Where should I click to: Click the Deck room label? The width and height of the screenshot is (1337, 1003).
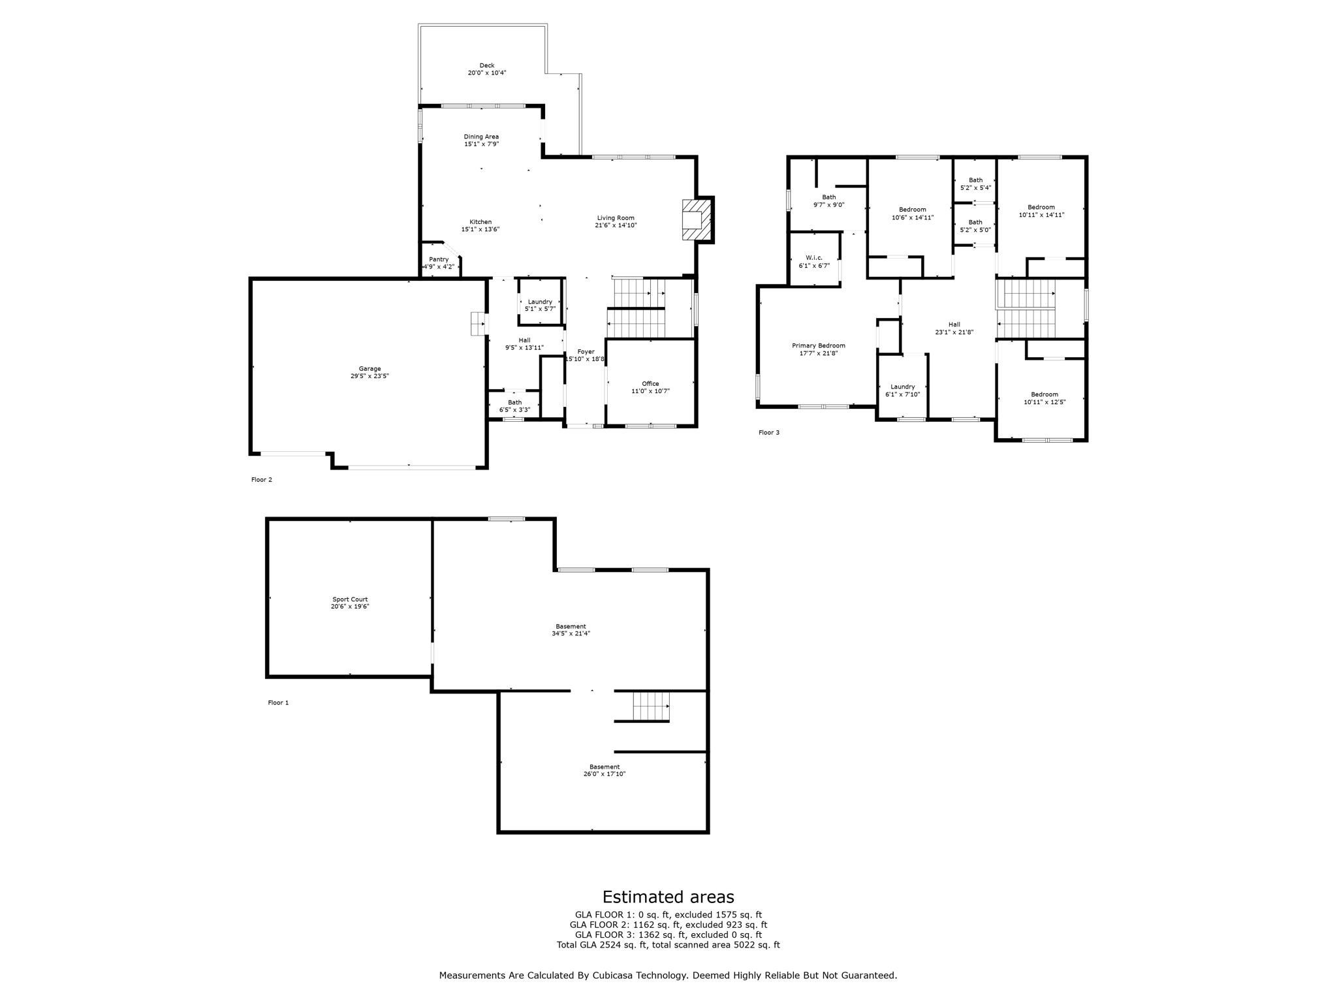pyautogui.click(x=487, y=65)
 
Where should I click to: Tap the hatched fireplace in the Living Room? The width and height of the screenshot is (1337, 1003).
pyautogui.click(x=693, y=219)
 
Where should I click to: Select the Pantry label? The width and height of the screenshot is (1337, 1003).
pyautogui.click(x=439, y=259)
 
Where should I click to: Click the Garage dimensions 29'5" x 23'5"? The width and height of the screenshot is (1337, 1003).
pyautogui.click(x=370, y=376)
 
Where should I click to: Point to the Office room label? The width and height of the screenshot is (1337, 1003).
pyautogui.click(x=650, y=383)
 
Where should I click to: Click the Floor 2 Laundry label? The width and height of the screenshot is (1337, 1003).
pyautogui.click(x=540, y=302)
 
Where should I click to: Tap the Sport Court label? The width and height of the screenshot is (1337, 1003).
pyautogui.click(x=350, y=599)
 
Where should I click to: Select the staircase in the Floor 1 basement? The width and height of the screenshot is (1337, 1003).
pyautogui.click(x=650, y=706)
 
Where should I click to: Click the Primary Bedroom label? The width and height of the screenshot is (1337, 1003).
pyautogui.click(x=819, y=345)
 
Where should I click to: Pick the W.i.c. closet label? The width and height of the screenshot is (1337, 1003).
pyautogui.click(x=814, y=257)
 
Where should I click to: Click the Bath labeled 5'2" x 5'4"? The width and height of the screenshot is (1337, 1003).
pyautogui.click(x=975, y=183)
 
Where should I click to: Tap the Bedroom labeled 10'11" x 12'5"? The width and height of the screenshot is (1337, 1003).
pyautogui.click(x=1045, y=398)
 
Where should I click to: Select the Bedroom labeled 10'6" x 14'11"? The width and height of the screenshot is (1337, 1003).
pyautogui.click(x=913, y=214)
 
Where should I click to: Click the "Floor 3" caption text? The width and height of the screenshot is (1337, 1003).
pyautogui.click(x=769, y=432)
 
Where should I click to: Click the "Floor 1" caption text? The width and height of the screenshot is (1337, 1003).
pyautogui.click(x=278, y=703)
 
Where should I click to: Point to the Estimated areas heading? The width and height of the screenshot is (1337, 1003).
pyautogui.click(x=668, y=897)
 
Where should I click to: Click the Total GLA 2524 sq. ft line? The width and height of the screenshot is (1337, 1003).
pyautogui.click(x=668, y=945)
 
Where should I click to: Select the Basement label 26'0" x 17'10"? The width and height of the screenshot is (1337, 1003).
pyautogui.click(x=605, y=770)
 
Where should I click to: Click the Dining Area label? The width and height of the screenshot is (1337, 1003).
pyautogui.click(x=481, y=136)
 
